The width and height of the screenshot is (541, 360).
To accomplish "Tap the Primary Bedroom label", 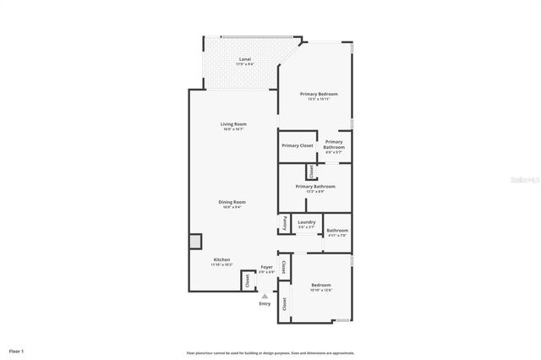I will (x=319, y=93).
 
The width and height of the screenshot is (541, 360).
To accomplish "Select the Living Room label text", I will (x=233, y=123).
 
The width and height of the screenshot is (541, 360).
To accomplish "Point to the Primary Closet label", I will (x=298, y=145).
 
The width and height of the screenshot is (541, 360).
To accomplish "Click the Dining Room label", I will (x=232, y=202).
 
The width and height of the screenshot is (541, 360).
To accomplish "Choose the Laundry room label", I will (x=306, y=222).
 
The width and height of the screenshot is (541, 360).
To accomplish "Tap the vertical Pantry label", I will (x=282, y=226).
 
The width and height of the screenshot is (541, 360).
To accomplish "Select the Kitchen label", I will (x=221, y=259).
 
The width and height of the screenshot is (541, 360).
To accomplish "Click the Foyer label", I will (x=266, y=266).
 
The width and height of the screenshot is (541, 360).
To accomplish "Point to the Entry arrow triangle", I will (x=265, y=296).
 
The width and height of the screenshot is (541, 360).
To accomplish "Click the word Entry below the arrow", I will (x=265, y=303).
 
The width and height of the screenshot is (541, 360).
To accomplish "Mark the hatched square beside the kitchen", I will (x=194, y=240).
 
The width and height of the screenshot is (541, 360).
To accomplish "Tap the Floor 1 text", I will (x=17, y=350).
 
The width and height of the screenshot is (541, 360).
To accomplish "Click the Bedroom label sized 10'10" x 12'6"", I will (x=320, y=285).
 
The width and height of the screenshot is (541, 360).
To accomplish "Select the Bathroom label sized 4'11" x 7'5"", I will (x=337, y=231).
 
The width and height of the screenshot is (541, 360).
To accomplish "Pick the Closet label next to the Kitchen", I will (x=248, y=281).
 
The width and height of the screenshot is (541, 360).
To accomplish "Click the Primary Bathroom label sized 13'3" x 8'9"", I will (x=315, y=186).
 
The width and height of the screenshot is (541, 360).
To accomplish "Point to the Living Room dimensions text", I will (x=233, y=129).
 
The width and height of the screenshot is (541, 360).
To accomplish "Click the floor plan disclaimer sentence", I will (x=270, y=352).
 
